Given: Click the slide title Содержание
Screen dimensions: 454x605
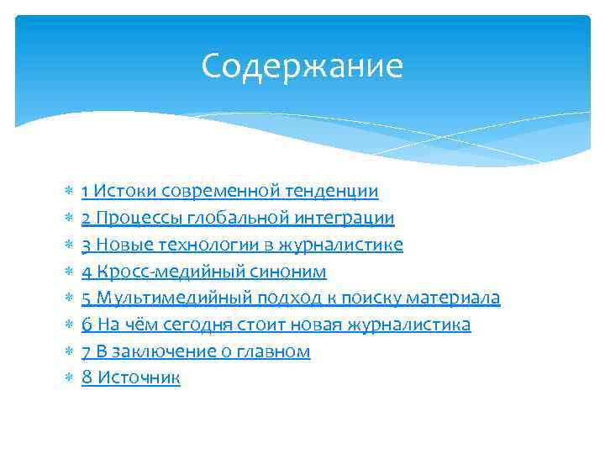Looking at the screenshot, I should [x=302, y=66].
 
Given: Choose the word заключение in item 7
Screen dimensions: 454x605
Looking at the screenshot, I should [x=156, y=351].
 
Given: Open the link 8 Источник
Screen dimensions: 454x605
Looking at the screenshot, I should [x=131, y=378].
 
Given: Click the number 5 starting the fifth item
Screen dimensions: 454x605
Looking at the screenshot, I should [x=87, y=298].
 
